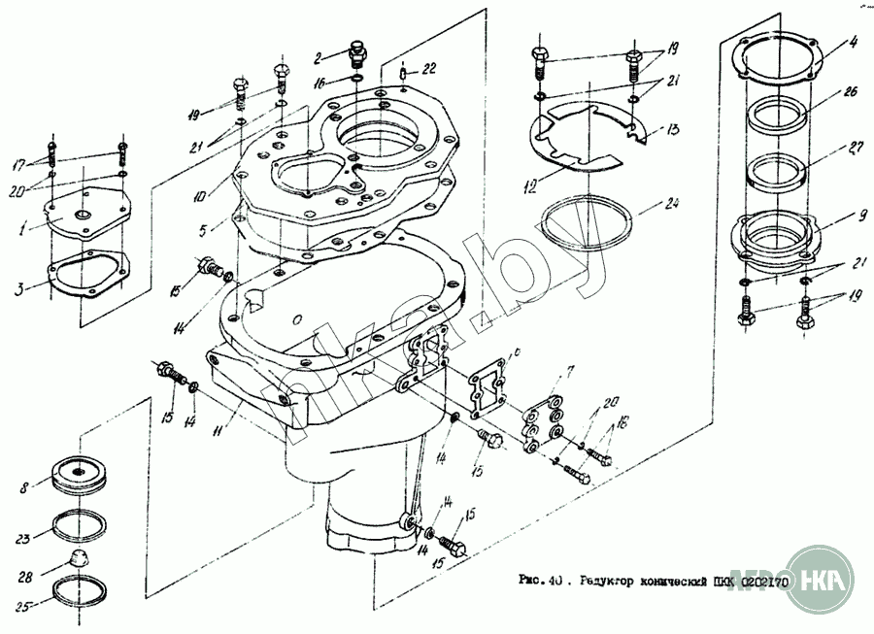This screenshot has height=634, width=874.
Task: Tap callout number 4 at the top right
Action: (851, 42)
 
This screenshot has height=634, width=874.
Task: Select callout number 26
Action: (850, 93)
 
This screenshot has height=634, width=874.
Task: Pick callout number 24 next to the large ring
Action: (670, 204)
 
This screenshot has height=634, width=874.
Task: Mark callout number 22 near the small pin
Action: (429, 68)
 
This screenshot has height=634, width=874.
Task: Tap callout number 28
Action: (25, 576)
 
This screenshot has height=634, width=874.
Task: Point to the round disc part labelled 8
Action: (82, 475)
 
